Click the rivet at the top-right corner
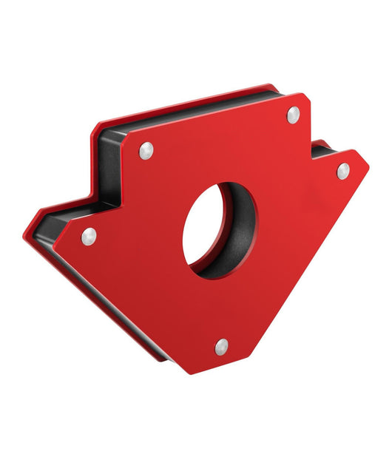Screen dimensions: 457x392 click(x=293, y=114)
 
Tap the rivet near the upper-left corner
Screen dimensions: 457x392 click(x=146, y=150)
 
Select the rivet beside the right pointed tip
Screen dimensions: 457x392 click(x=342, y=171)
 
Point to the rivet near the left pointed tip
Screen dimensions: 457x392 click(x=89, y=236)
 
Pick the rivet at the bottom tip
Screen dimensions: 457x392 click(x=221, y=345)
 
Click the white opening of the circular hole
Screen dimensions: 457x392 click(x=205, y=226)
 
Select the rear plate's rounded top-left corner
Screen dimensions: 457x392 click(x=94, y=132)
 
